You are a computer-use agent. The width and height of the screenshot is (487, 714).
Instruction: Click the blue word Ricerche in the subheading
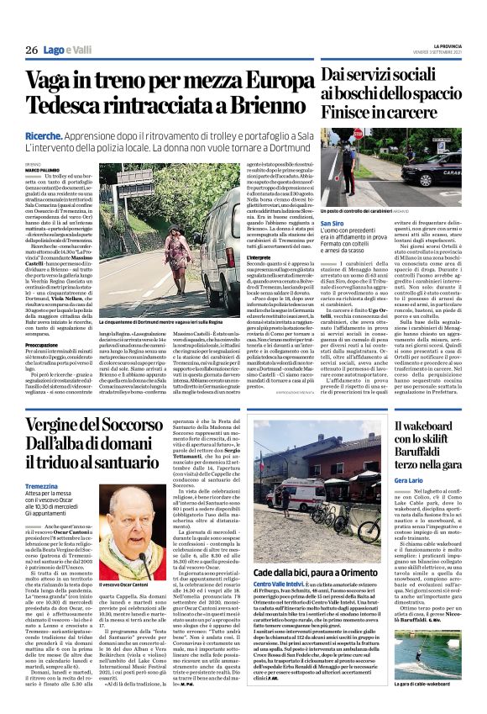(42, 135)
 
